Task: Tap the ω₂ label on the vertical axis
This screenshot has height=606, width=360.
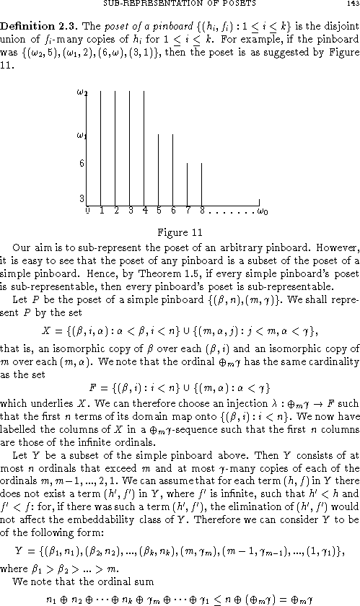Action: pyautogui.click(x=82, y=93)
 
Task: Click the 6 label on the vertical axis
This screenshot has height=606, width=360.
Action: pyautogui.click(x=82, y=164)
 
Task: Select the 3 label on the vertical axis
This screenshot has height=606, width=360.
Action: pyautogui.click(x=82, y=198)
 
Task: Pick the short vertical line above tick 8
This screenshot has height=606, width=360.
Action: pyautogui.click(x=201, y=184)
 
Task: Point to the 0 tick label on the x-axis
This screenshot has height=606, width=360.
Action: pyautogui.click(x=87, y=212)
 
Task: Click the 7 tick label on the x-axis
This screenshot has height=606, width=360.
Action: pyautogui.click(x=188, y=212)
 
